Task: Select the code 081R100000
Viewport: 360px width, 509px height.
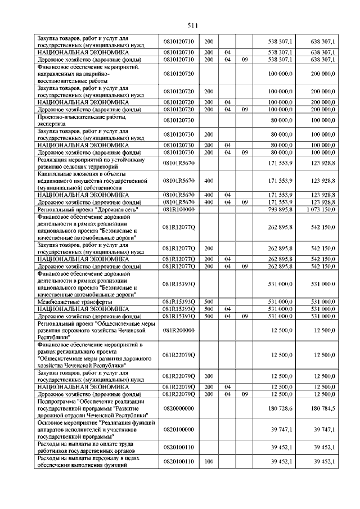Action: pyautogui.click(x=178, y=209)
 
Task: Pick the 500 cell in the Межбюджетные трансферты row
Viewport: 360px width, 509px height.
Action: pyautogui.click(x=208, y=302)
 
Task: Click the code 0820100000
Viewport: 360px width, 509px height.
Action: pyautogui.click(x=178, y=430)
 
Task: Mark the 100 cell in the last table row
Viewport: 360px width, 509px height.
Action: pyautogui.click(x=208, y=461)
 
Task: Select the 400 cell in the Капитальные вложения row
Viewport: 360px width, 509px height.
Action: pyautogui.click(x=208, y=181)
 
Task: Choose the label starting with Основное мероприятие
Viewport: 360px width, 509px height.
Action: pyautogui.click(x=90, y=430)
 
